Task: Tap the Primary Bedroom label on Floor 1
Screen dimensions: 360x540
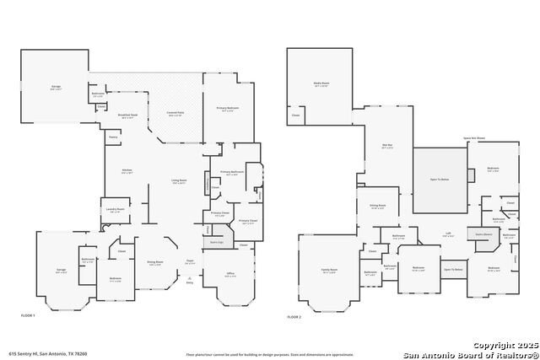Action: click(227, 108)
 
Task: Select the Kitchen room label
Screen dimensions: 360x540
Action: click(127, 170)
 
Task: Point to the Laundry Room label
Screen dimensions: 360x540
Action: click(115, 210)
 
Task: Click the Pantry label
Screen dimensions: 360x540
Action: click(112, 137)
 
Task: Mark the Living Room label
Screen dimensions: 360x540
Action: click(179, 180)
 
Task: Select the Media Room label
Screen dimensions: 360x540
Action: click(321, 85)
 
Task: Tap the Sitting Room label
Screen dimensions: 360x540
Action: click(377, 205)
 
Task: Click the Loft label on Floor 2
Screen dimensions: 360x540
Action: click(448, 235)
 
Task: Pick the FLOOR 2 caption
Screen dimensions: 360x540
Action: click(294, 315)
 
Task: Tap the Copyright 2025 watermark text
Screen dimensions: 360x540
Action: click(499, 346)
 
